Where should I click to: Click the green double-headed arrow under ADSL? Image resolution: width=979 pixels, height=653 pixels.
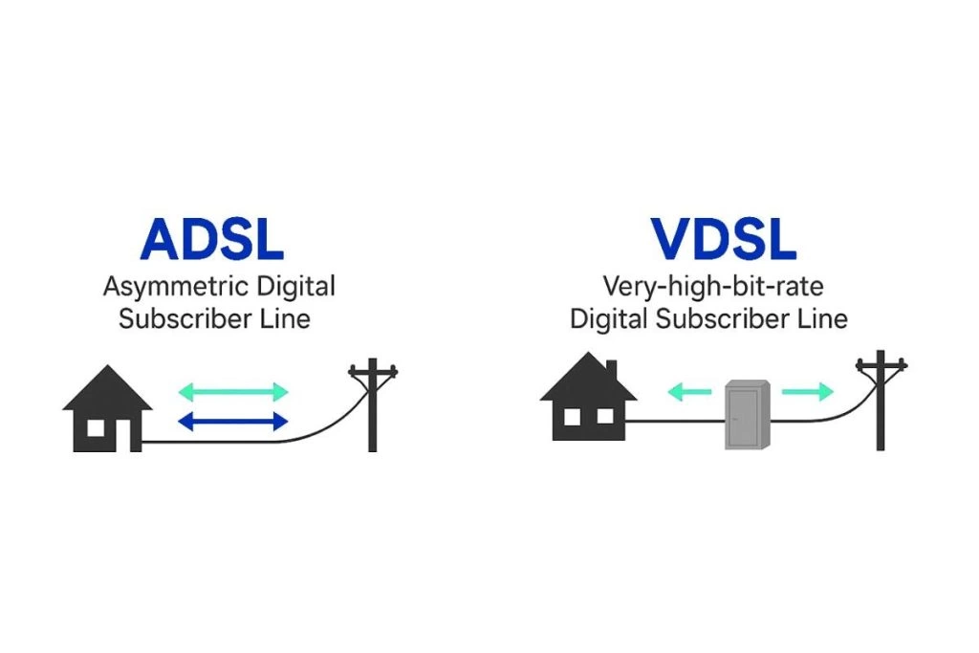233,391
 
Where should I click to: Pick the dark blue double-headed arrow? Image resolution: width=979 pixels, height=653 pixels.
233,421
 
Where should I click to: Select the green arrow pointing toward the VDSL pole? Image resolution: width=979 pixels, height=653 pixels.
807,391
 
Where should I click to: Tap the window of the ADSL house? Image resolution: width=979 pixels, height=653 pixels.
97,427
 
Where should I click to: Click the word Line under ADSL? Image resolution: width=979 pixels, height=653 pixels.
286,317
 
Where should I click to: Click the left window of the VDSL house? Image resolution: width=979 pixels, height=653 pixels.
572,417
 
